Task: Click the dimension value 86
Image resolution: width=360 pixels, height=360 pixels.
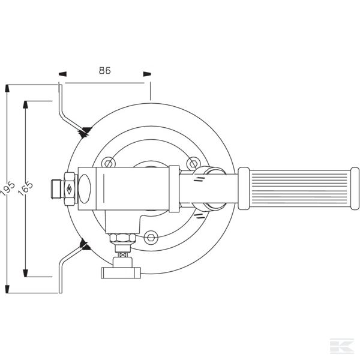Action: pyautogui.click(x=104, y=70)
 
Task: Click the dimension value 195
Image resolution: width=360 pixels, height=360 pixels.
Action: pyautogui.click(x=7, y=189)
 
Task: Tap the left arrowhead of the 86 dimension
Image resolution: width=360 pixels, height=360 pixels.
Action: pyautogui.click(x=62, y=74)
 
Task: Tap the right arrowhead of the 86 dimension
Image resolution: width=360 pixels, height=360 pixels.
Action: pyautogui.click(x=147, y=74)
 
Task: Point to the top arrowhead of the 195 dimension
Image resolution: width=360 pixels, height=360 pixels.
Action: pyautogui.click(x=7, y=88)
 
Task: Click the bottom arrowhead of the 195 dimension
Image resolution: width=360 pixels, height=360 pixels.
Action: pyautogui.click(x=7, y=289)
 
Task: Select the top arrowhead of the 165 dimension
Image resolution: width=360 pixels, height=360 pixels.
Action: pyautogui.click(x=25, y=104)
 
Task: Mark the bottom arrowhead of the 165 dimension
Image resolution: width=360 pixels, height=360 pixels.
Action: pyautogui.click(x=25, y=273)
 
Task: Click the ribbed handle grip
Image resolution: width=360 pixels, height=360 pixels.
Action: pyautogui.click(x=299, y=188)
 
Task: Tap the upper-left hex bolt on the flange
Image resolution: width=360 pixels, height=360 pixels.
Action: pyautogui.click(x=109, y=163)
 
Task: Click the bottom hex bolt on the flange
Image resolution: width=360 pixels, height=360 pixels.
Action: pyautogui.click(x=151, y=238)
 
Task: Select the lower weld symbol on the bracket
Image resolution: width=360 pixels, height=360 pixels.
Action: pyautogui.click(x=85, y=245)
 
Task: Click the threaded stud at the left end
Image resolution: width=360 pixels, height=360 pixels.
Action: pyautogui.click(x=56, y=189)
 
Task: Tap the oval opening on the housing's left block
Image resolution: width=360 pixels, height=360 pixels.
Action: pyautogui.click(x=85, y=189)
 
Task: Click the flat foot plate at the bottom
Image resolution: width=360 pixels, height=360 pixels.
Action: pyautogui.click(x=121, y=273)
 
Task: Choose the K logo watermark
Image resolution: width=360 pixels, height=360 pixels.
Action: pyautogui.click(x=341, y=346)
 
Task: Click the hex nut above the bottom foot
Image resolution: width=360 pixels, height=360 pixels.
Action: pyautogui.click(x=122, y=238)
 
